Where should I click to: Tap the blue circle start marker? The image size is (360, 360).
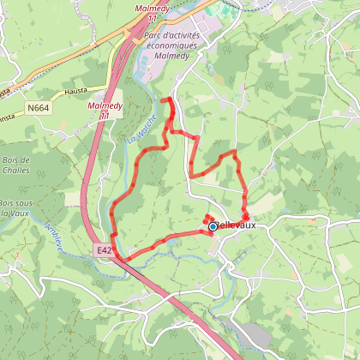pyautogui.click(x=213, y=226)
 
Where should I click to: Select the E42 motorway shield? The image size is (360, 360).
pyautogui.click(x=104, y=249)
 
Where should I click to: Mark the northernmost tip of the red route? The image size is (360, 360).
pyautogui.click(x=164, y=100)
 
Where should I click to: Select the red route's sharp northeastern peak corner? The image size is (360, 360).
pyautogui.click(x=236, y=152)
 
